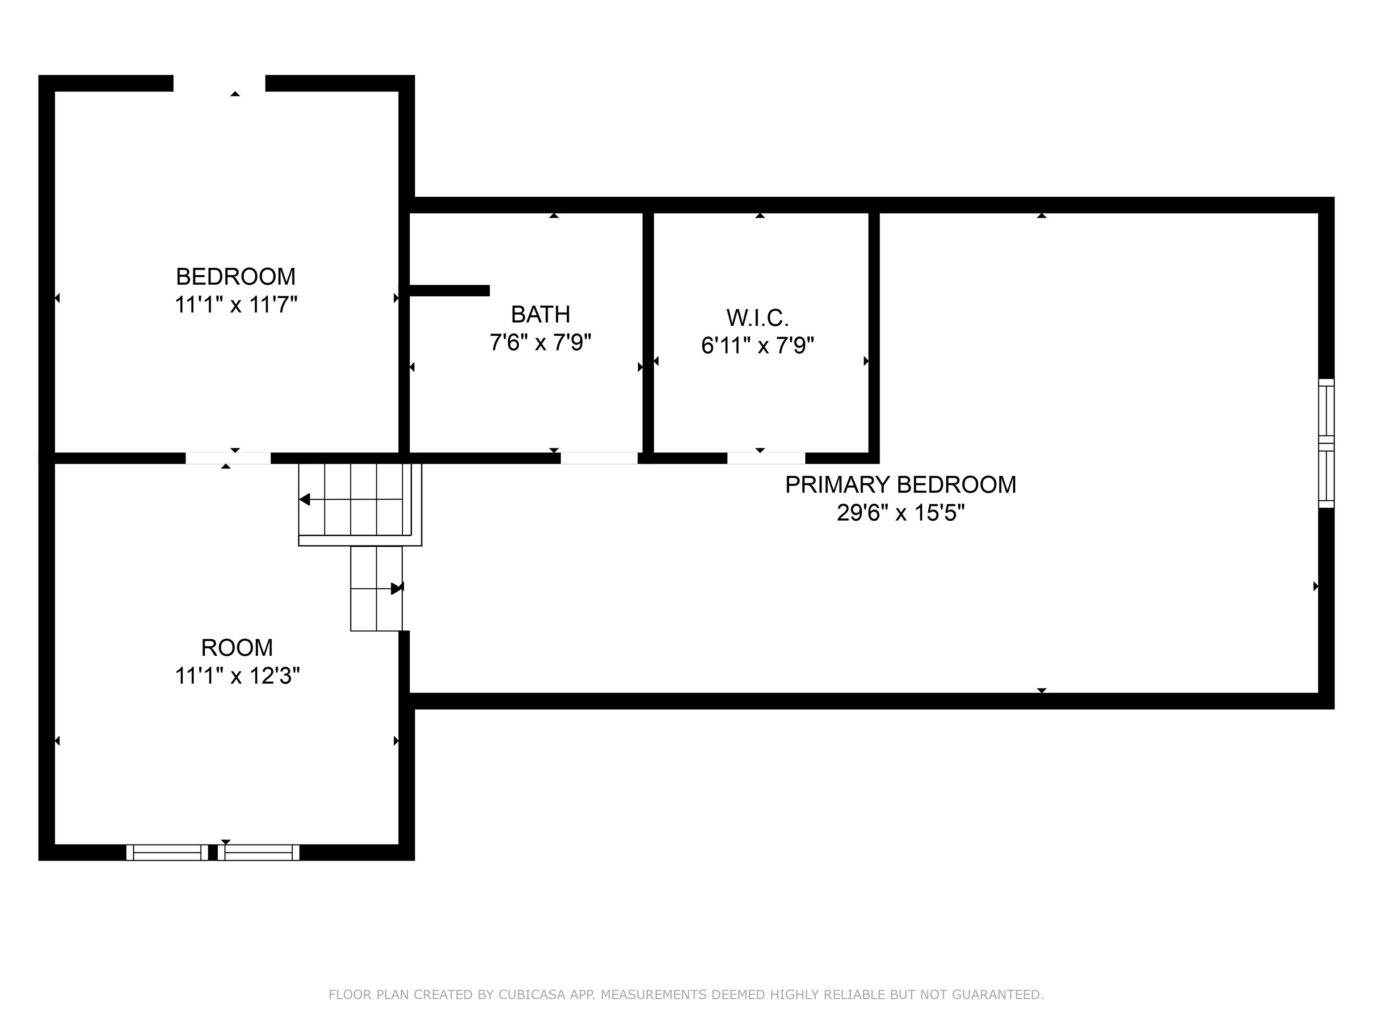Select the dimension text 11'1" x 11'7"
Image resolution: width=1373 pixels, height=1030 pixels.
click(x=236, y=305)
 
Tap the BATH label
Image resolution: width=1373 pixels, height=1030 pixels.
click(x=540, y=315)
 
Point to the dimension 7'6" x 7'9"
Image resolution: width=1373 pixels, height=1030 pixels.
click(x=540, y=342)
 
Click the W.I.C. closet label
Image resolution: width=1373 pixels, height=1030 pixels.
click(x=757, y=318)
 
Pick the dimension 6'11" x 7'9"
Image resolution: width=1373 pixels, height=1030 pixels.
click(x=757, y=345)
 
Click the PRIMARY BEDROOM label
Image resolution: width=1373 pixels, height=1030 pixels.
click(x=901, y=485)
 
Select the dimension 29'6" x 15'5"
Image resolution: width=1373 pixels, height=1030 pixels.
click(x=901, y=513)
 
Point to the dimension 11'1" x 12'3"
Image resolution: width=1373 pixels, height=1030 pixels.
click(x=237, y=675)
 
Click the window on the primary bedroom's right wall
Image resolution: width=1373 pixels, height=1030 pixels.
click(x=1326, y=443)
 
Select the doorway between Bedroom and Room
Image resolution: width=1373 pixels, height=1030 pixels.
click(x=228, y=458)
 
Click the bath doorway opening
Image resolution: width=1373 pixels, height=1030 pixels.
click(x=599, y=458)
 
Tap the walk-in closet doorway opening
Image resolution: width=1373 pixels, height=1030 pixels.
click(x=766, y=458)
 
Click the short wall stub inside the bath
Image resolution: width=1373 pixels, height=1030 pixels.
click(x=449, y=291)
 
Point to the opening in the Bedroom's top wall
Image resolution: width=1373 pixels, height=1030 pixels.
click(x=219, y=83)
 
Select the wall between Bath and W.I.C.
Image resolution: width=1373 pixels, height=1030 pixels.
click(x=648, y=333)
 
